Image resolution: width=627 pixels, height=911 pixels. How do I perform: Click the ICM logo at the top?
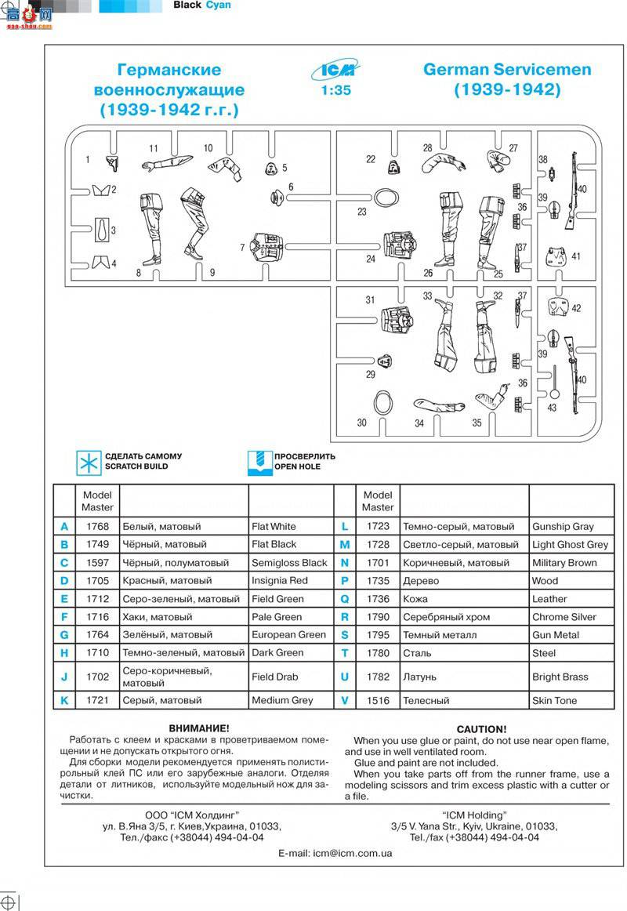point(335,71)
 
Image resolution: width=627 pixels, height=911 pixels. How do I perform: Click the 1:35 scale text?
point(336,91)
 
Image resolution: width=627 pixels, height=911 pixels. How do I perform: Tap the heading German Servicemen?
point(507,70)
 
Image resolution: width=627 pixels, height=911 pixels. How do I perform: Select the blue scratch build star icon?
point(89,463)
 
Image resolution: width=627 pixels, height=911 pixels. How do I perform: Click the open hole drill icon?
point(259,463)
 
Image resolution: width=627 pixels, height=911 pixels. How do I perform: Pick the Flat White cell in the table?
point(274,526)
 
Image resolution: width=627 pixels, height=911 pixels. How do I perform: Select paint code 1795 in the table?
point(378,635)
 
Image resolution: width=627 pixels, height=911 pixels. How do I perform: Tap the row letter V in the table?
point(344,700)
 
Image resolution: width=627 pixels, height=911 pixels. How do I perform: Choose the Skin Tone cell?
point(554,700)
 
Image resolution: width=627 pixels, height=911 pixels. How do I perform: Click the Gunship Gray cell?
point(564,527)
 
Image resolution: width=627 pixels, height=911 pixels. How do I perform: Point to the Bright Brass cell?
point(560,677)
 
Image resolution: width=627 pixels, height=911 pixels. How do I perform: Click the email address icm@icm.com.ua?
point(353,854)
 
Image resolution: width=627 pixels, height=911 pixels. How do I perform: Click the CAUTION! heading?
point(481,729)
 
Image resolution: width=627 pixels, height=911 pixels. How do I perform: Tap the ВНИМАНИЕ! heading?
point(199,728)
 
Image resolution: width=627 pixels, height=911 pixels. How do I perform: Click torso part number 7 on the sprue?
point(267,248)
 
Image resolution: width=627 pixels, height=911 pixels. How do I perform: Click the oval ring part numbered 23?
point(386,198)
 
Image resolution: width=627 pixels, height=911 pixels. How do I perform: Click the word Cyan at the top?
point(219,5)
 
